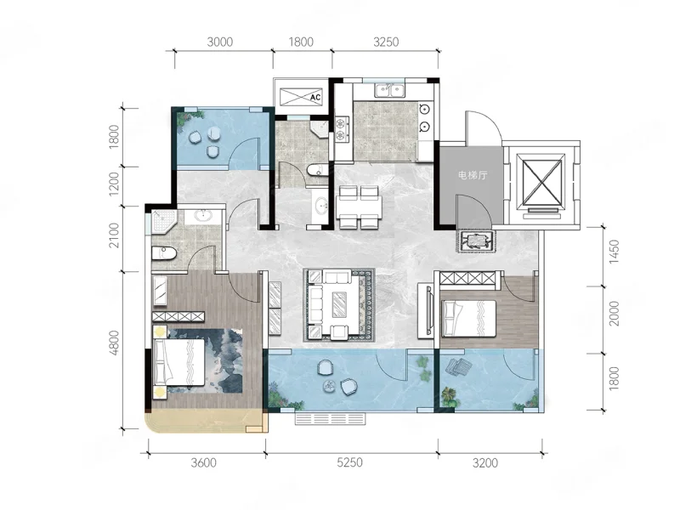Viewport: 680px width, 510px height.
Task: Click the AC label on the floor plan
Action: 315,97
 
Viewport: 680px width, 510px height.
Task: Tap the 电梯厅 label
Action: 473,175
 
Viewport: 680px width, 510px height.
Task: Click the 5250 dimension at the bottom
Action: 349,462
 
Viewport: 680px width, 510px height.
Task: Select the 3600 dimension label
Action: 203,462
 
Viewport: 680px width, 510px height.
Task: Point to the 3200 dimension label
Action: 484,463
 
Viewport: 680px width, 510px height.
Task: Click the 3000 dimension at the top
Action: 220,42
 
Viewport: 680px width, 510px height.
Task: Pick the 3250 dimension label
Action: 386,42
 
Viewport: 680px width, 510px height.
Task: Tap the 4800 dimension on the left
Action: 114,343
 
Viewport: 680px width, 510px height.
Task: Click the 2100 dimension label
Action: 114,235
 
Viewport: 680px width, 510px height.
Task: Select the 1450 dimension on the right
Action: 614,252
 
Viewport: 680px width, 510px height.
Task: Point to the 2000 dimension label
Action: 614,314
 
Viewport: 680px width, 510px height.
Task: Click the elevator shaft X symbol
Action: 542,182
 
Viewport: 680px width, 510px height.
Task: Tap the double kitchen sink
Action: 390,90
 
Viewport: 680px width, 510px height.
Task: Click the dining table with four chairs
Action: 359,207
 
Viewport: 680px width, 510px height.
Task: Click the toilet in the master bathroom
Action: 164,253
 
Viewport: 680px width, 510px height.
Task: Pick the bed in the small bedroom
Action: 468,318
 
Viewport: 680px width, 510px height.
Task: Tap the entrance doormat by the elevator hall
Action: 475,241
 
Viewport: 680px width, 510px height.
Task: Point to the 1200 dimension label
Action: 114,184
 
